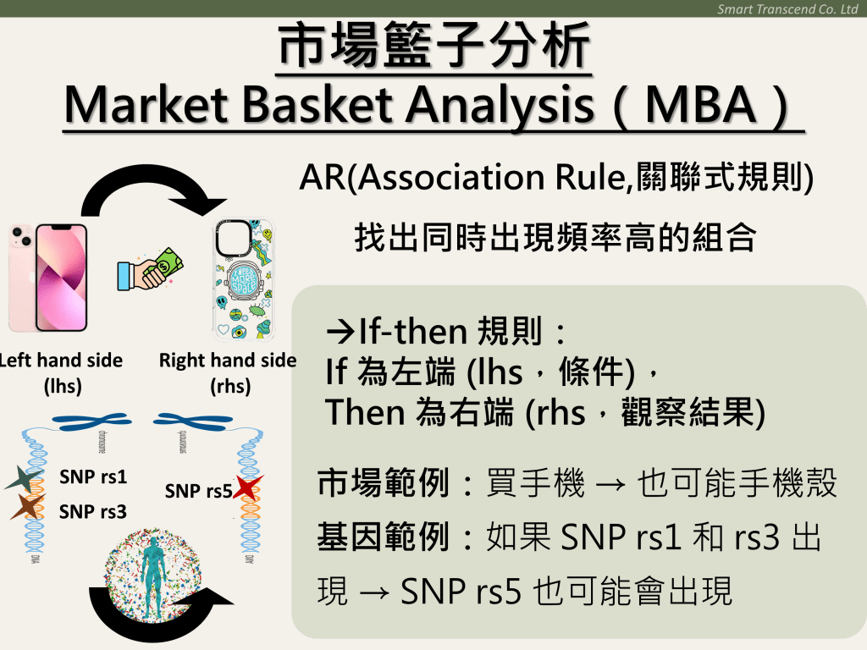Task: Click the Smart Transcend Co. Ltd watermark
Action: (787, 8)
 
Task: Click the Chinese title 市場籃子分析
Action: (434, 46)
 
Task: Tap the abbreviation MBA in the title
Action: (700, 104)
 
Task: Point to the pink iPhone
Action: (48, 277)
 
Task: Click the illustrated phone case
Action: (244, 279)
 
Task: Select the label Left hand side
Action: (61, 361)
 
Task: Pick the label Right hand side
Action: (228, 361)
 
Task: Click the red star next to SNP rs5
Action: (248, 487)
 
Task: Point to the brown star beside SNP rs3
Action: (28, 506)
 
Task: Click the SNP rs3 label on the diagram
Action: (93, 512)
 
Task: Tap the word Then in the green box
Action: (366, 412)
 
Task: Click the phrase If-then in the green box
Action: (413, 331)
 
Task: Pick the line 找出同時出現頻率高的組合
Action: (555, 237)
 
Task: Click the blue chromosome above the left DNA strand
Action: (91, 421)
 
